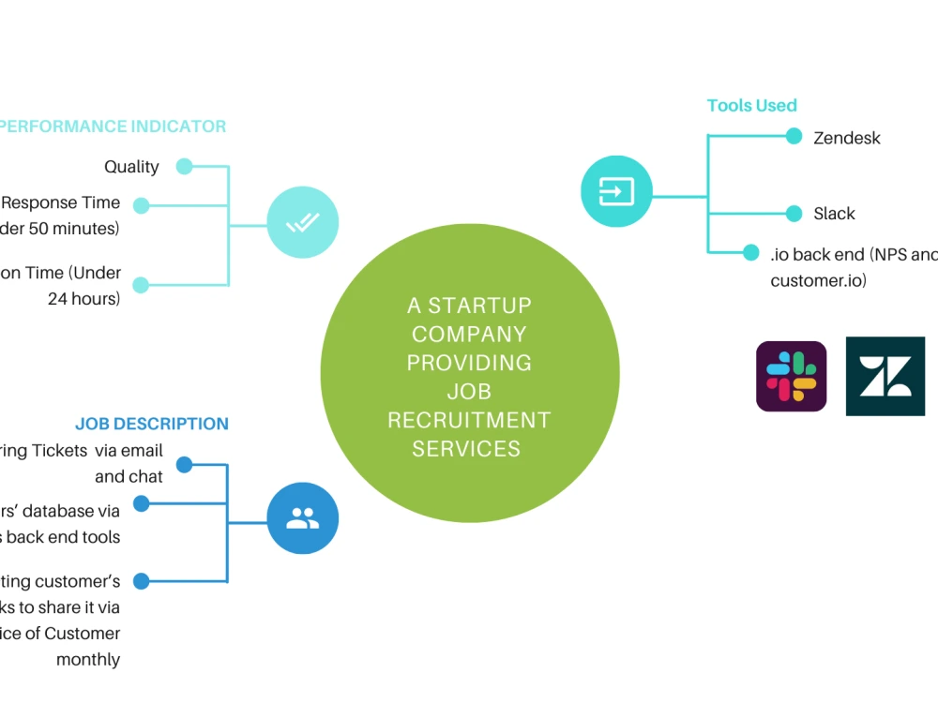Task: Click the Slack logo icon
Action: tap(791, 376)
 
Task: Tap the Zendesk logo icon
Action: tap(885, 376)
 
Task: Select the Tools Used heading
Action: tap(751, 105)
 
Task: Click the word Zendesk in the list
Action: tap(846, 138)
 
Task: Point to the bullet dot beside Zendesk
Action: tap(794, 136)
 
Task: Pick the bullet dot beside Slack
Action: tap(794, 213)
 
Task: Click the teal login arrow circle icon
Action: tap(615, 191)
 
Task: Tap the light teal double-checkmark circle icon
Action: tap(302, 223)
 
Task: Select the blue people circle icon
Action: tap(302, 518)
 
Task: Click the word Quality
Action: tap(131, 167)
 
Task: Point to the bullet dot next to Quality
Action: tap(184, 167)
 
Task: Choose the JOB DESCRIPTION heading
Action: tap(151, 424)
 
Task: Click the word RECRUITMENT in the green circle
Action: tap(469, 420)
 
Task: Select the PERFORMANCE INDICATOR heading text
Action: tap(113, 127)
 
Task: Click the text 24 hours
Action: tap(83, 299)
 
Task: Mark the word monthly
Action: tap(88, 659)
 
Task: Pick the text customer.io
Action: tap(818, 280)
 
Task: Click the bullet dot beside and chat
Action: tap(184, 464)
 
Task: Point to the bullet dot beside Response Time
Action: tap(141, 205)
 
